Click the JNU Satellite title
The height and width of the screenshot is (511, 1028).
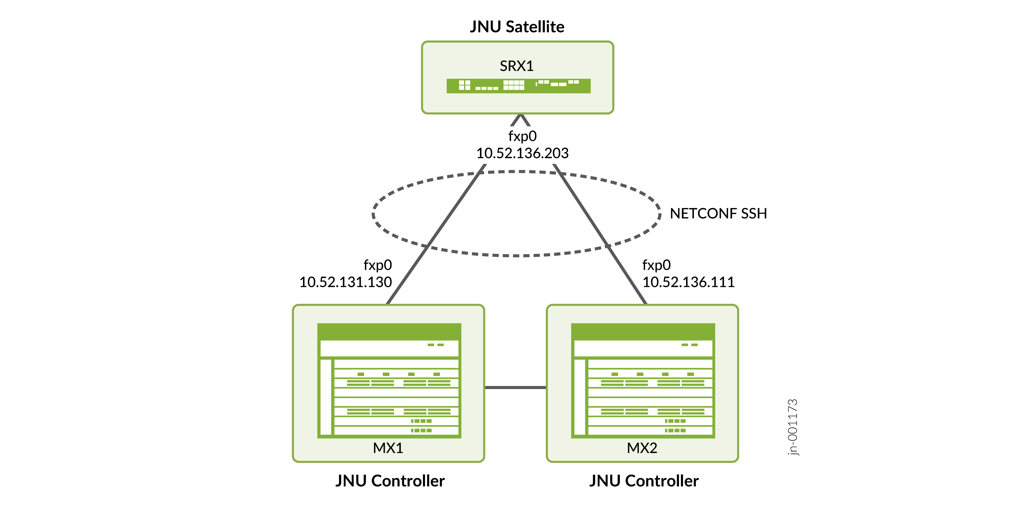pyautogui.click(x=517, y=27)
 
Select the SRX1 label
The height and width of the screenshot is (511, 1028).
pyautogui.click(x=516, y=66)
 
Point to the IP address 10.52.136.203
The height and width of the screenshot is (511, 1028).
pyautogui.click(x=522, y=153)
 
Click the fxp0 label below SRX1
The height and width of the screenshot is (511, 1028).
pyautogui.click(x=522, y=136)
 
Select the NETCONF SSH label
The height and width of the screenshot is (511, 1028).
pyautogui.click(x=718, y=213)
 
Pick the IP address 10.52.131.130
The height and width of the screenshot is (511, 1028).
pyautogui.click(x=346, y=282)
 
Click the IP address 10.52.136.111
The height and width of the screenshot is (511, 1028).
pyautogui.click(x=688, y=282)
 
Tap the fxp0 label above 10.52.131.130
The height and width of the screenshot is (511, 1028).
pyautogui.click(x=377, y=265)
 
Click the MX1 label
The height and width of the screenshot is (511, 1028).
pyautogui.click(x=388, y=448)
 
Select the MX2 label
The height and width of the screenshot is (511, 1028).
pyautogui.click(x=642, y=448)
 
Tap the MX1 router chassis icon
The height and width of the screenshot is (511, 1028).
pyautogui.click(x=389, y=381)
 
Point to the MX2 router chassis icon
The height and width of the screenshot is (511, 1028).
pyautogui.click(x=643, y=381)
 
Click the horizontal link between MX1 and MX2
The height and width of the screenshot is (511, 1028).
pyautogui.click(x=515, y=387)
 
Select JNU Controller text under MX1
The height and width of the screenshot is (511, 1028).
pyautogui.click(x=390, y=481)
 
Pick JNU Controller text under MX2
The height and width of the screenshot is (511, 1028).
pyautogui.click(x=644, y=481)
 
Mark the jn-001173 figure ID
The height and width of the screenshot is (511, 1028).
pyautogui.click(x=793, y=427)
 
